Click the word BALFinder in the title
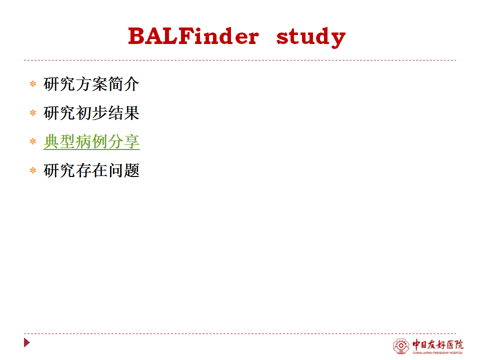coord(193,36)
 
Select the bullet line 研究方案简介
coord(91,84)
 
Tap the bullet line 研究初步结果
coord(91,113)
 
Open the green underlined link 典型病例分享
coord(91,141)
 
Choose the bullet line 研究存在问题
coord(91,170)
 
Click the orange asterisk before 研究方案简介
coord(33,84)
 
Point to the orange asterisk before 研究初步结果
coord(33,113)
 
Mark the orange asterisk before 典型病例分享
coord(33,141)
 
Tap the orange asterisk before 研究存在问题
coord(33,170)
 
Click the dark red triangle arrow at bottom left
coord(26,342)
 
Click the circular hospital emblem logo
coord(400,346)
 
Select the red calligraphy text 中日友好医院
coord(438,344)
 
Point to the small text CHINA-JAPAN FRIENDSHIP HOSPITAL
coord(438,353)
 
